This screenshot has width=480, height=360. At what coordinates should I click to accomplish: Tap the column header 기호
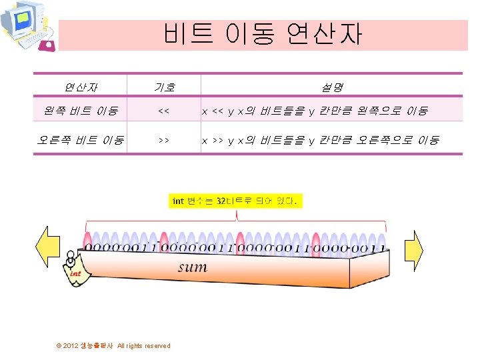(x=164, y=87)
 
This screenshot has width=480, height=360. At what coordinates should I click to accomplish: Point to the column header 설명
(x=331, y=87)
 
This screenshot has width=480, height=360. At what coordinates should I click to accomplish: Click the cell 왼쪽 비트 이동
(x=78, y=110)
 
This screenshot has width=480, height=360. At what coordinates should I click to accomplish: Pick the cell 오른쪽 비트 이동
(x=81, y=140)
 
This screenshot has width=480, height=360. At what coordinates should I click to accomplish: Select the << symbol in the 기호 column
(x=163, y=111)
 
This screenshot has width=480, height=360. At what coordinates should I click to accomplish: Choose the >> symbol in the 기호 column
(x=163, y=141)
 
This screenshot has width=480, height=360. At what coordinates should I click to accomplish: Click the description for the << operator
(x=315, y=111)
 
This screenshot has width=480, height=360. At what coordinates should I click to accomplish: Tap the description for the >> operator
(x=321, y=141)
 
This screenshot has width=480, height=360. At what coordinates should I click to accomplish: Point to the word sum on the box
(x=192, y=267)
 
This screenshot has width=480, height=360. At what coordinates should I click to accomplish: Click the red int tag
(x=76, y=273)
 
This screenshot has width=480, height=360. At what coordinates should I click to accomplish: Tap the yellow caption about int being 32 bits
(x=237, y=201)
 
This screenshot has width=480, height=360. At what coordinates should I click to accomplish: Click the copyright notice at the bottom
(x=114, y=345)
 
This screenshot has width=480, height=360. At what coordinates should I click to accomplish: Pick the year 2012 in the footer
(x=71, y=345)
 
